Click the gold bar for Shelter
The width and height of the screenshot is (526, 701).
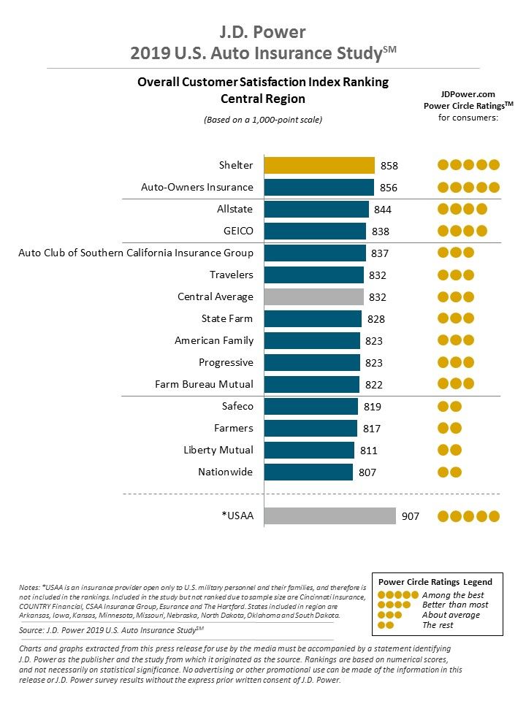tap(319, 165)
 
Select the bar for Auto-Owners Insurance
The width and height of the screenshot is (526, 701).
tap(319, 187)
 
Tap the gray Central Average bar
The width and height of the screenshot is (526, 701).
tap(313, 296)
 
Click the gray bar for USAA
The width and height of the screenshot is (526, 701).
tap(329, 516)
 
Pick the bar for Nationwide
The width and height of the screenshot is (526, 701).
tap(308, 472)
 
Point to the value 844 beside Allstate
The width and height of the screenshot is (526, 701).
tap(383, 210)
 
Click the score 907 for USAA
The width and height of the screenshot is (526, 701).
tap(411, 516)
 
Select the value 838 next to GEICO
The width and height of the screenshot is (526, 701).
tap(380, 231)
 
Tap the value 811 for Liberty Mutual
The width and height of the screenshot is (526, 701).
tap(369, 451)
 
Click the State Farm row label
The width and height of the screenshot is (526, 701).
tap(227, 318)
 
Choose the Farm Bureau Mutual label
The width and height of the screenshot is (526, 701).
tap(204, 384)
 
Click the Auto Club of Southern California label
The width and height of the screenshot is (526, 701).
tap(136, 253)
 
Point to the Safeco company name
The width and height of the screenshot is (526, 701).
tap(237, 406)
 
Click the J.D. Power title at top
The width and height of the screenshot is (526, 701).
tap(263, 32)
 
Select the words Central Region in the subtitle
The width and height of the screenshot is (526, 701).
tap(263, 99)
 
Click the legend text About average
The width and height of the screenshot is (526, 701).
tap(451, 615)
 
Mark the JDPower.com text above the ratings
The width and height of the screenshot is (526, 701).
tap(468, 94)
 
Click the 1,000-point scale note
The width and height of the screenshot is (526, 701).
tap(263, 119)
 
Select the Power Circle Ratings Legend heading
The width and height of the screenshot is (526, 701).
tap(435, 582)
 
